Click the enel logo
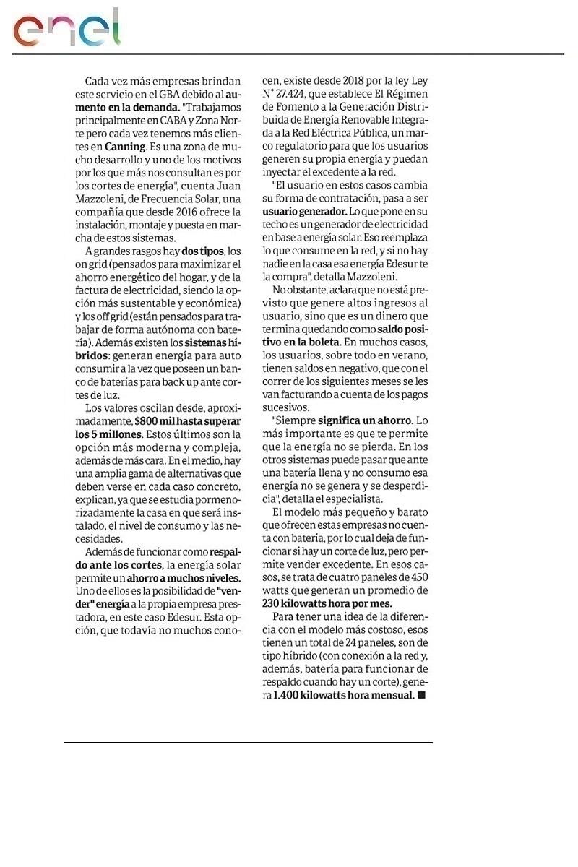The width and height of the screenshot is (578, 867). tap(66, 29)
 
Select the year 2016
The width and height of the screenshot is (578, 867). tap(189, 212)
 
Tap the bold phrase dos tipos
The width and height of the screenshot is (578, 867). tap(202, 251)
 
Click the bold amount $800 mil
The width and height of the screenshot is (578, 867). tap(155, 421)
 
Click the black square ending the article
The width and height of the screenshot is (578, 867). tap(423, 695)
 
